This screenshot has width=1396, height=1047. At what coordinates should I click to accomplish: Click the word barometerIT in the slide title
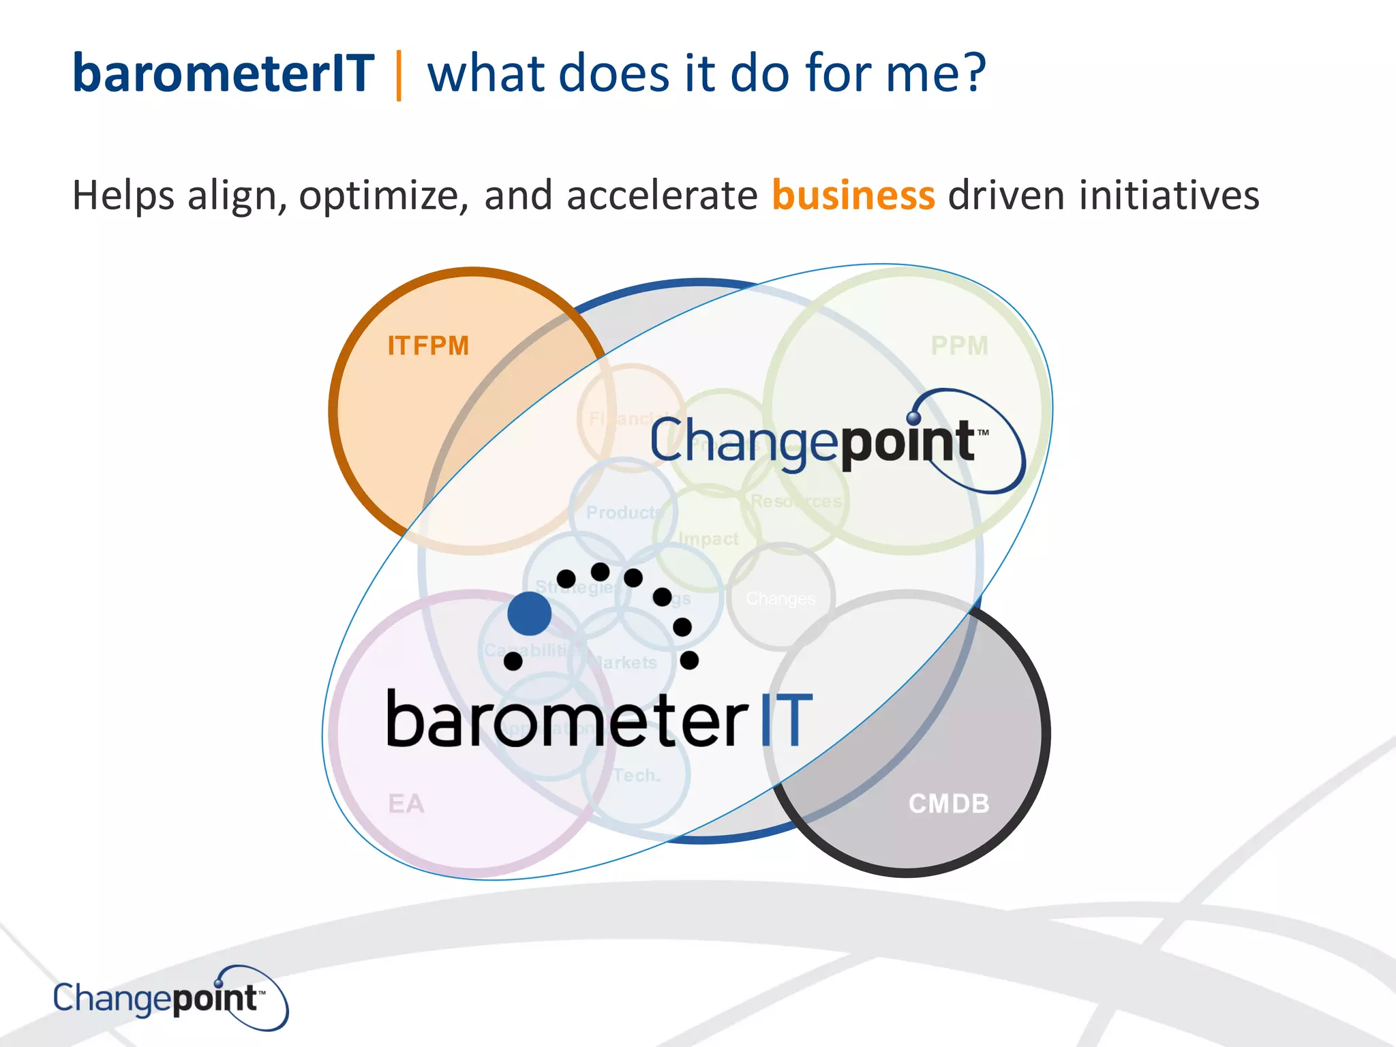point(224,74)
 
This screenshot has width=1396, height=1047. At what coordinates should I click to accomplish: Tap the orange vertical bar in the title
point(399,75)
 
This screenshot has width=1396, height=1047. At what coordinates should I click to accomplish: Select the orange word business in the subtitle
point(853,196)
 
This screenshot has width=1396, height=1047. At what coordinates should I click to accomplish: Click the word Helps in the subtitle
point(123,196)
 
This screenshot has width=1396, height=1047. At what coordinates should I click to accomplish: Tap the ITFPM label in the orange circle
point(428,346)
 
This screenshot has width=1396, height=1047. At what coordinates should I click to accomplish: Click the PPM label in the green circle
point(959,346)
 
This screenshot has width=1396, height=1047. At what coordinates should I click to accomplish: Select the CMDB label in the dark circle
point(948,804)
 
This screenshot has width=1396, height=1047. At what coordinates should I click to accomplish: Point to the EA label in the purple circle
point(406,804)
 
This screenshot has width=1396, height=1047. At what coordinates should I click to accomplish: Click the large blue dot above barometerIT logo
point(530,613)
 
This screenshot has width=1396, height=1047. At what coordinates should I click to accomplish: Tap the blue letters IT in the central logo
point(786,721)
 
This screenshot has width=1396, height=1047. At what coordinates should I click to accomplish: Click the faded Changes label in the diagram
point(780,598)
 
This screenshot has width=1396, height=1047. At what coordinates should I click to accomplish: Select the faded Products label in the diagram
point(624,513)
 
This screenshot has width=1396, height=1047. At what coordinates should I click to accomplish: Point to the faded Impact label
point(709,539)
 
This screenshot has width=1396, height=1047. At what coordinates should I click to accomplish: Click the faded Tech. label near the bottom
point(637,776)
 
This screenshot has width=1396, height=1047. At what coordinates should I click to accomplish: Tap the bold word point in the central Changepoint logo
point(907,442)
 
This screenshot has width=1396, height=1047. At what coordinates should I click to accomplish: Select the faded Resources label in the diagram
point(796,502)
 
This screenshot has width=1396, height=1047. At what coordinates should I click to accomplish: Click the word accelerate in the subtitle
point(662,196)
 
